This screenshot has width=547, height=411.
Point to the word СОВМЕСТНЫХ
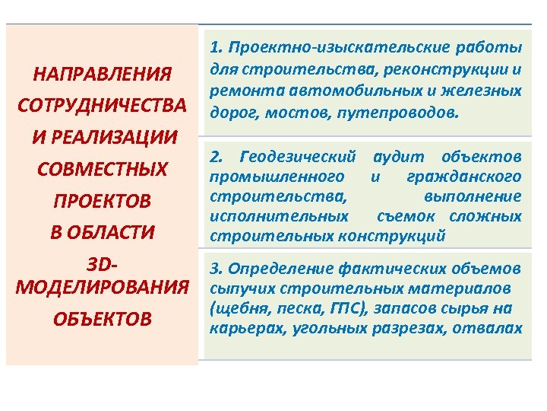pyautogui.click(x=102, y=168)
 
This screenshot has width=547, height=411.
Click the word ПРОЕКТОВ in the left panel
pyautogui.click(x=102, y=201)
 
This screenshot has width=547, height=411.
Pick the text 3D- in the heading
pyautogui.click(x=102, y=265)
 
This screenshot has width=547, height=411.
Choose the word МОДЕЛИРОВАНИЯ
pyautogui.click(x=102, y=288)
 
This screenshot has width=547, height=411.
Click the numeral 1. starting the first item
pyautogui.click(x=215, y=48)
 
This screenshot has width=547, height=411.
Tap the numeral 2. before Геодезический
pyautogui.click(x=215, y=158)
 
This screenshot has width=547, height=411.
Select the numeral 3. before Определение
pyautogui.click(x=215, y=269)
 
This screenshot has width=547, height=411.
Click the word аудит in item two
pyautogui.click(x=393, y=158)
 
